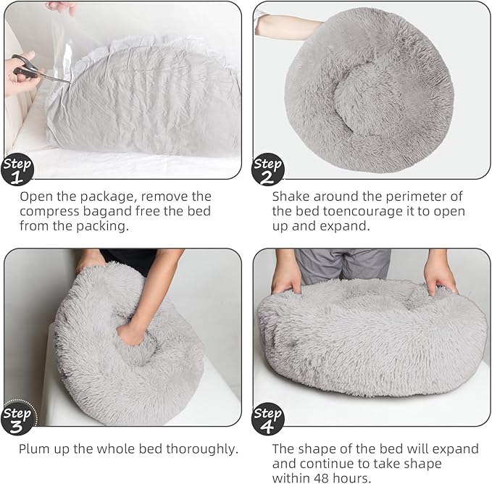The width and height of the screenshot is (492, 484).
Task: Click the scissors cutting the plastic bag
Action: click(x=33, y=69)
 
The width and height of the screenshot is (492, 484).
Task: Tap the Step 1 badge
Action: click(x=18, y=168)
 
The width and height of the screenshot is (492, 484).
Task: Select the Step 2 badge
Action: click(x=268, y=168)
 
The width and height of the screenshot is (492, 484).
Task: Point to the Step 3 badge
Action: click(x=18, y=417)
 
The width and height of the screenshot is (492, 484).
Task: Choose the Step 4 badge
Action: click(x=268, y=417)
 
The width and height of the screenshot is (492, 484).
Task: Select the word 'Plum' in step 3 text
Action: click(x=36, y=448)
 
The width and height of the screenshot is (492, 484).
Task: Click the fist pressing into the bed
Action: click(x=133, y=333)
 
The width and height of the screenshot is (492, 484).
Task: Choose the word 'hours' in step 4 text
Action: click(x=356, y=478)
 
